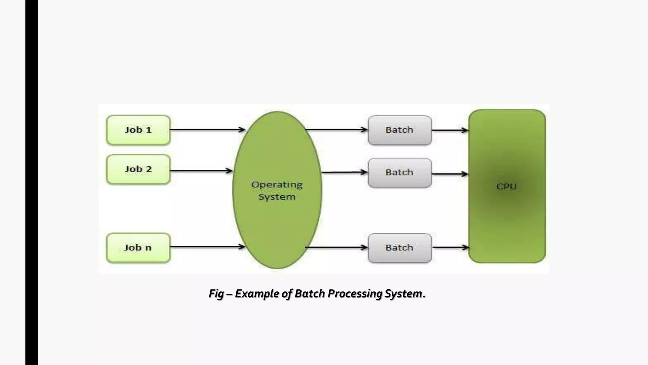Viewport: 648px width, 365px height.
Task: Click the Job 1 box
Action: tap(138, 130)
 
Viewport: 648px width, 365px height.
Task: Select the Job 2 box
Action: tap(138, 170)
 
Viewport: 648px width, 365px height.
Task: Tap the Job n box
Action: tap(138, 248)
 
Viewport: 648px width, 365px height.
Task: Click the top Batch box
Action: tap(399, 130)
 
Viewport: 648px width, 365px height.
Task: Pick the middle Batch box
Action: tap(399, 173)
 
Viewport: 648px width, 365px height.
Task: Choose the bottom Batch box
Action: tap(399, 248)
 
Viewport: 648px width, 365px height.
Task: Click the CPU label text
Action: tap(506, 187)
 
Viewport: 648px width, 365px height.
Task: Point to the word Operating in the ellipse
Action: tap(277, 185)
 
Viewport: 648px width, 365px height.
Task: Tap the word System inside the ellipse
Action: tap(277, 197)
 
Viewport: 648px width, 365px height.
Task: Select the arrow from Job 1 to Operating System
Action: tap(207, 130)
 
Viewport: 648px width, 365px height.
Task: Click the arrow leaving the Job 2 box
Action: tap(201, 171)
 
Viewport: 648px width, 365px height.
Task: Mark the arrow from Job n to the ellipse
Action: tap(207, 247)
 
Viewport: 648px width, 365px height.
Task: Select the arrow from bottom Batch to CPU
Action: tap(450, 247)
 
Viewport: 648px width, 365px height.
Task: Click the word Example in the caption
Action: tap(257, 294)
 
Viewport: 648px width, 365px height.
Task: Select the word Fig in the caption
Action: tap(216, 294)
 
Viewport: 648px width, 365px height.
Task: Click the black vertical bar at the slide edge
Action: tap(31, 182)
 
